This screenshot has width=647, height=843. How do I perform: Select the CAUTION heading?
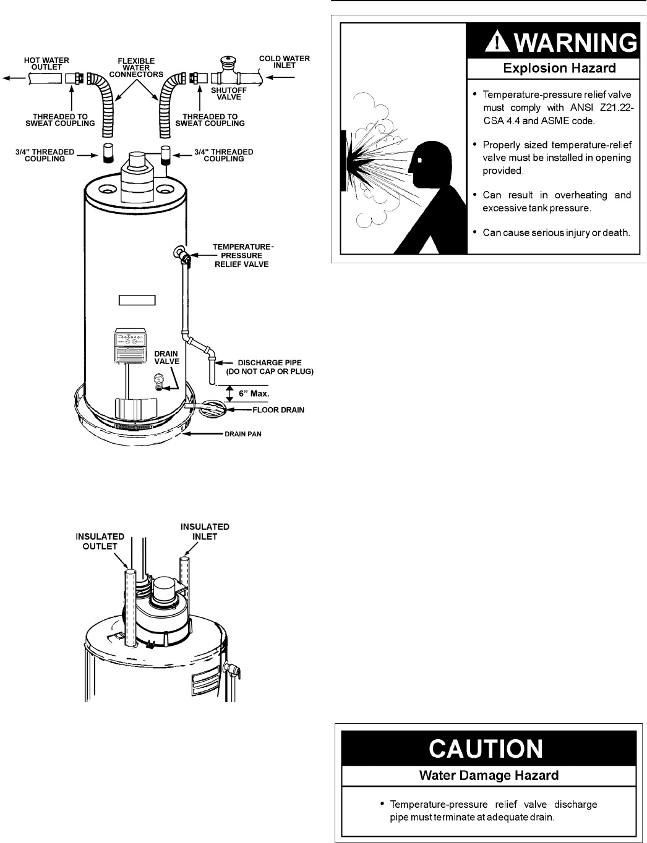pos(486,750)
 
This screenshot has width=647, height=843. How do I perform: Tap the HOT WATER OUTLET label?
pos(46,64)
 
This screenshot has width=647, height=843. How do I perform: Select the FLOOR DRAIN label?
pos(278,410)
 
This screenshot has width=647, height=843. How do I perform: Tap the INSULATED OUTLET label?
pos(100,540)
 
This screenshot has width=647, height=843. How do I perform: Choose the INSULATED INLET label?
pos(205,532)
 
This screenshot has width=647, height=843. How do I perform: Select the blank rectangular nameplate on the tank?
pos(137,301)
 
